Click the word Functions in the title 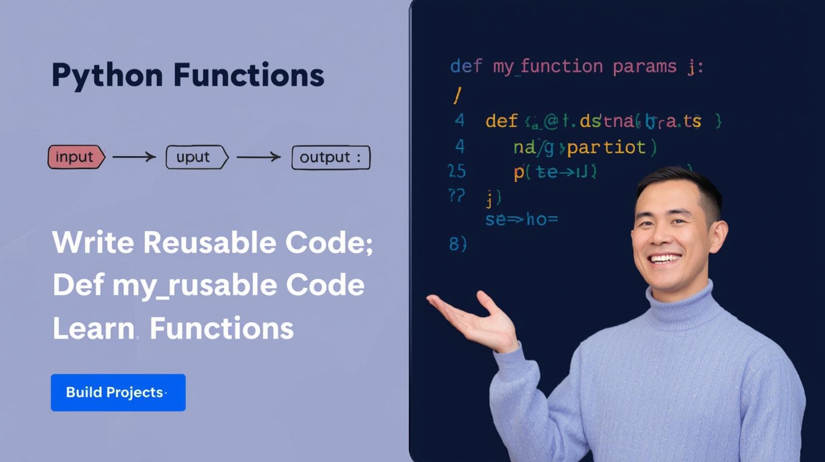pyautogui.click(x=249, y=75)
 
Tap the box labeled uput pyautogui.click(x=195, y=157)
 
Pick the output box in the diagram pyautogui.click(x=331, y=157)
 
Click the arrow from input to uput pyautogui.click(x=134, y=157)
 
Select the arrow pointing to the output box pyautogui.click(x=258, y=157)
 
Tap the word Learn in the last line pyautogui.click(x=93, y=328)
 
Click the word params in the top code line pyautogui.click(x=644, y=67)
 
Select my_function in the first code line pyautogui.click(x=548, y=67)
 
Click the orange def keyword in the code pyautogui.click(x=501, y=121)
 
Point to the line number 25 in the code pyautogui.click(x=457, y=171)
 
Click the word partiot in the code pyautogui.click(x=606, y=147)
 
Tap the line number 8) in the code pyautogui.click(x=457, y=243)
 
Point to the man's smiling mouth pyautogui.click(x=665, y=258)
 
